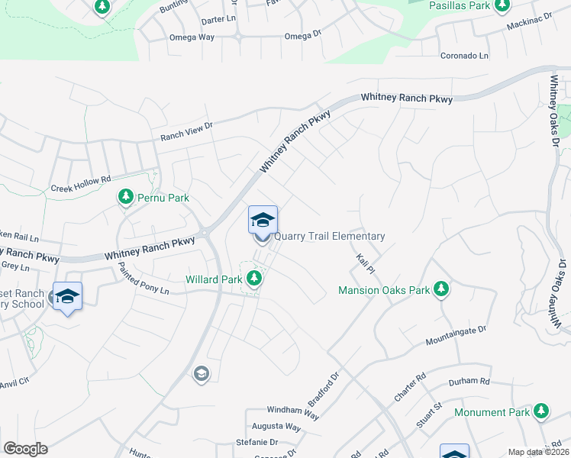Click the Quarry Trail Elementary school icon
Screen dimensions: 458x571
click(262, 221)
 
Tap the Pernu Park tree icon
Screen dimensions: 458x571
click(126, 198)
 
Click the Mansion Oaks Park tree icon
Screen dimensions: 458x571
click(440, 289)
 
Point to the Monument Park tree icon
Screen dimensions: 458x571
click(541, 411)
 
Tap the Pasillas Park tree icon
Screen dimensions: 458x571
click(502, 5)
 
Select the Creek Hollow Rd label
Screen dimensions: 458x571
click(81, 183)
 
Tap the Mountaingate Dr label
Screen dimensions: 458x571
click(456, 334)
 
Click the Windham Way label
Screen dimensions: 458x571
click(292, 411)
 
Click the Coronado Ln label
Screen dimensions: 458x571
click(464, 56)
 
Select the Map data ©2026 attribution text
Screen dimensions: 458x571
click(538, 452)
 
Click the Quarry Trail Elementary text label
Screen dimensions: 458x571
click(329, 237)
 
